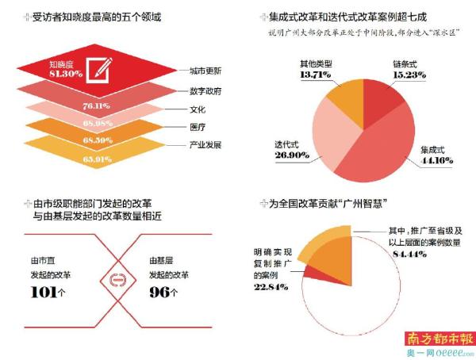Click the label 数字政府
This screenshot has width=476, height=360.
coord(205,90)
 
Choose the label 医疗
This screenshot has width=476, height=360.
coord(198,127)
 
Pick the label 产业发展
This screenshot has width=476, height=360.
coord(205,145)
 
